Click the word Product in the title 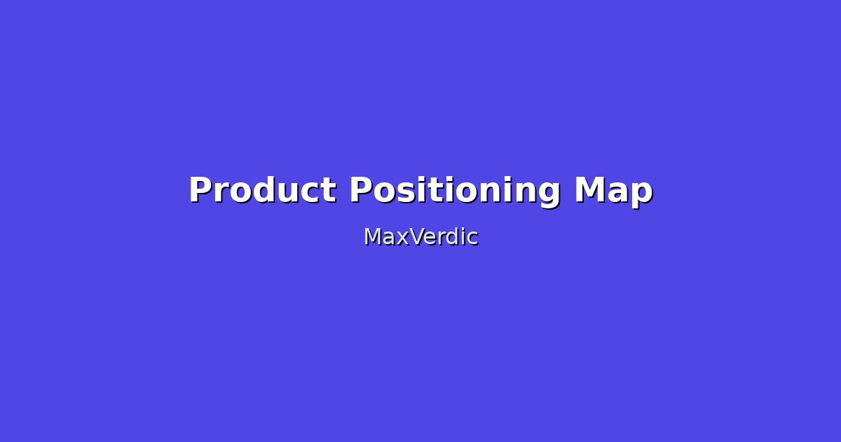tap(262, 190)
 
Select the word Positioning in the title tap(455, 190)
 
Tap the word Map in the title tap(613, 190)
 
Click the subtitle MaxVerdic tap(420, 237)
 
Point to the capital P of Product tap(200, 190)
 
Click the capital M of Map tap(590, 190)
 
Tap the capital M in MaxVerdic tap(371, 237)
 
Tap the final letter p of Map tap(641, 194)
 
